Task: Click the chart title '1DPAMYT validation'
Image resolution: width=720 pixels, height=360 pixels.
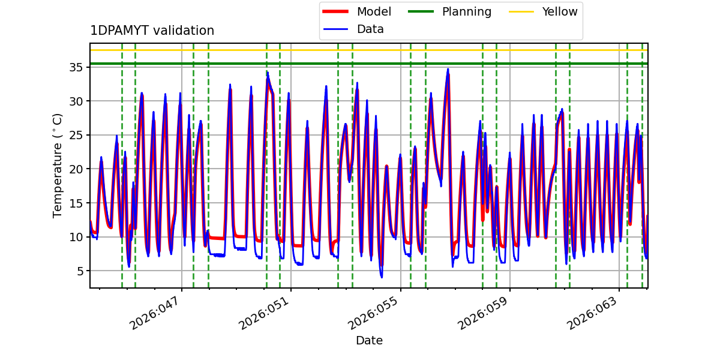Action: tap(152, 31)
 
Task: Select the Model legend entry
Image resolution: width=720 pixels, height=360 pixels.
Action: tap(374, 11)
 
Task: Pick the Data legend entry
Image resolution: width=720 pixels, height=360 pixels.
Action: tap(370, 29)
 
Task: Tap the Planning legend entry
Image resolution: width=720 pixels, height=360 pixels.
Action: tap(466, 11)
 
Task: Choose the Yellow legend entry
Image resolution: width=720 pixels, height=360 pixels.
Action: tap(560, 11)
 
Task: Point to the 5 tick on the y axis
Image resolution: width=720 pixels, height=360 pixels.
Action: tap(78, 271)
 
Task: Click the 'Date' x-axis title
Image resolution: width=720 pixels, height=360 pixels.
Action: tap(369, 341)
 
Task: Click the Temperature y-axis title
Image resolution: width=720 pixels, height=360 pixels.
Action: tap(58, 165)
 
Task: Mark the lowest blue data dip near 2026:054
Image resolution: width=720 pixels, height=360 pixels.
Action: tap(381, 277)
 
